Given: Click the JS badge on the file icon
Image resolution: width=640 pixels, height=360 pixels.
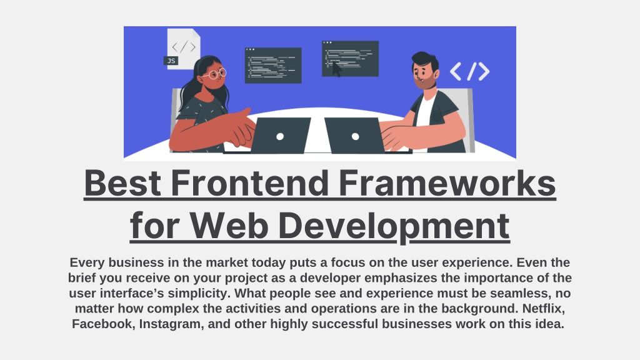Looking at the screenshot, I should tap(171, 61).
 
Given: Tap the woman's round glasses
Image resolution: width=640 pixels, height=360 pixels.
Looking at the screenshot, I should tap(214, 74).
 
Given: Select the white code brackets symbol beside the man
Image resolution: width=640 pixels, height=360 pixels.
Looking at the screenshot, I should tap(469, 72).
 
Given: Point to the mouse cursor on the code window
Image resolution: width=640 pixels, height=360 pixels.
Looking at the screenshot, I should tap(337, 68).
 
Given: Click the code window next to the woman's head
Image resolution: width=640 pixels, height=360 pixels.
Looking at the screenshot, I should tap(272, 65).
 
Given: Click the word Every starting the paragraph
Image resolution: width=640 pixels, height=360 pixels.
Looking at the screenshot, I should tap(89, 262).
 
